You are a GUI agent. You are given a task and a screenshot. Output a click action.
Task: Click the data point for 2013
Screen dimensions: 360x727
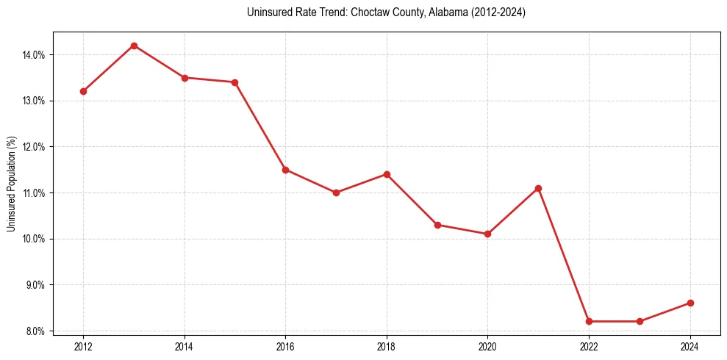point(134,46)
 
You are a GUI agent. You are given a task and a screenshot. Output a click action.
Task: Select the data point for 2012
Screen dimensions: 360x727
point(83,91)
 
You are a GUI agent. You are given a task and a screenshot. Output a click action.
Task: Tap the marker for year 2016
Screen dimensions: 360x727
point(285,170)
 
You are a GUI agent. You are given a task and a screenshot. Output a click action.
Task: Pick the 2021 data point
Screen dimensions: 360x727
point(538,188)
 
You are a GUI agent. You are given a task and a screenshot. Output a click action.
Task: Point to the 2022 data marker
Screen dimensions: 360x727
point(589,321)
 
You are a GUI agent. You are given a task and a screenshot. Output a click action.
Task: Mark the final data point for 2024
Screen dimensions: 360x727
point(690,303)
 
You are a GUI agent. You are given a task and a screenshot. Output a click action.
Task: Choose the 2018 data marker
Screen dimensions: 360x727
point(387,174)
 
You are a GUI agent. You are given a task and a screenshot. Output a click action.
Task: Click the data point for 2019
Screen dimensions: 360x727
point(437,225)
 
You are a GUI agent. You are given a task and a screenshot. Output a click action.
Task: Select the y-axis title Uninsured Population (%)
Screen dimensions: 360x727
point(12,184)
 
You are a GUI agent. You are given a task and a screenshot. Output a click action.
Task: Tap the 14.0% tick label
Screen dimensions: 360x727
point(35,54)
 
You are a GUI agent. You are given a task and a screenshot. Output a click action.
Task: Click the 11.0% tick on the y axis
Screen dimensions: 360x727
point(35,192)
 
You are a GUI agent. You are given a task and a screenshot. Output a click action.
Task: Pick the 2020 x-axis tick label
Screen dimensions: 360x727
point(487,345)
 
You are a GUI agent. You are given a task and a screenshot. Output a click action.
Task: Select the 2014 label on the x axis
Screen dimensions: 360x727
point(185,345)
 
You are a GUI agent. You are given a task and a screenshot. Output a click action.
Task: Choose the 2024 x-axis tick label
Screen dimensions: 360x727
point(690,345)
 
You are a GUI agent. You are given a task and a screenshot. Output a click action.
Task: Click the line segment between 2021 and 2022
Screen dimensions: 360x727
point(564,255)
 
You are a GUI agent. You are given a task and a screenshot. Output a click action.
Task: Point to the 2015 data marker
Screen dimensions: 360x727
point(234,82)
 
